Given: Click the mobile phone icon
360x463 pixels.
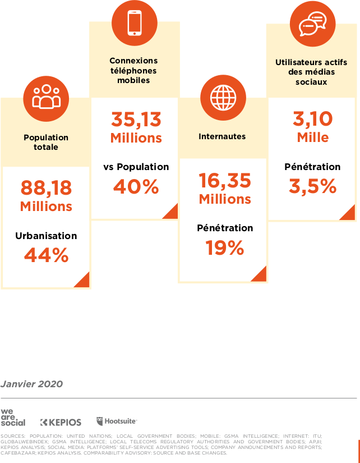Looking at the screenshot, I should tap(135, 22).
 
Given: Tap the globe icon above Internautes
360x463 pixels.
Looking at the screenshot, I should tap(224, 98).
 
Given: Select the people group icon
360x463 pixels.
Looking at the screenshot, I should tap(46, 97).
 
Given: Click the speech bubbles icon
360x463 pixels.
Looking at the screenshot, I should tap(312, 23).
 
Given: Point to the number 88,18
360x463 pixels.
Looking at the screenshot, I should tap(46, 187).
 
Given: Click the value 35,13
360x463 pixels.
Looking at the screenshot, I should tap(136, 119).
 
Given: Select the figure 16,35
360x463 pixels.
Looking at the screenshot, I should tap(225, 180).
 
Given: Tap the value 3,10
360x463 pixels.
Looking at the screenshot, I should tap(312, 118).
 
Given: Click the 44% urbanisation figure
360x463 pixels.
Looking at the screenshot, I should tap(46, 255).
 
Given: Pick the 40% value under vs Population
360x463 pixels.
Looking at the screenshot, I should tap(136, 187).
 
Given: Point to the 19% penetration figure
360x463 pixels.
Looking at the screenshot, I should tap(225, 247).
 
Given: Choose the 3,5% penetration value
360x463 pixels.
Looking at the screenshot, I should tap(312, 186).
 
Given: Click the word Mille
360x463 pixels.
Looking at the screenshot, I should tap(312, 137).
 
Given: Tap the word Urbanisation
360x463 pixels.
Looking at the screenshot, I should tap(46, 236).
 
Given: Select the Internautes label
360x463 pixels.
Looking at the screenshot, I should tap(222, 136).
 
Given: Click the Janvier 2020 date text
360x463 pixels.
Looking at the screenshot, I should tap(31, 384).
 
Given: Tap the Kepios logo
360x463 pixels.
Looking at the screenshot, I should tap(61, 422).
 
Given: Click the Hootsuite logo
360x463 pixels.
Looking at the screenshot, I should tap(117, 421).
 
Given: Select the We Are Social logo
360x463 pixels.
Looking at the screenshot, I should tap(12, 418).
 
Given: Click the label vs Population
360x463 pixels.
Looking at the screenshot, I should tap(136, 167).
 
